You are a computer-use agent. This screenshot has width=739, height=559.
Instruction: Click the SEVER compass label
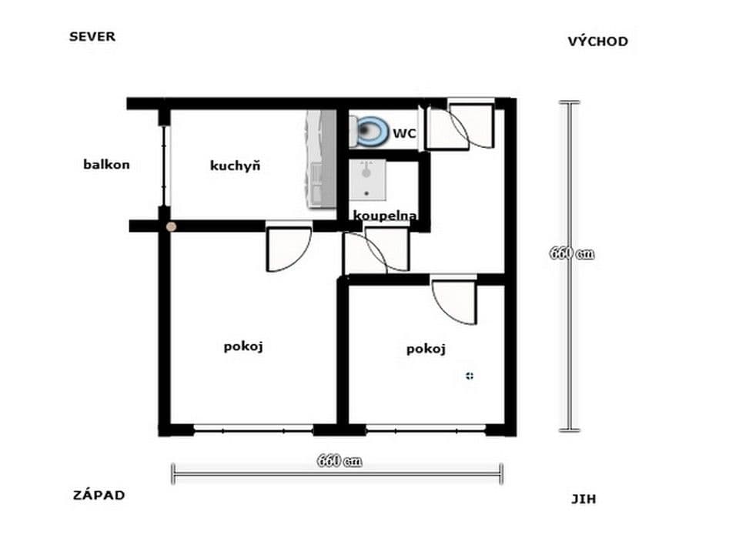click(92, 36)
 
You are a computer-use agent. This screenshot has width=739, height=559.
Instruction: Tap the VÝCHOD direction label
click(597, 42)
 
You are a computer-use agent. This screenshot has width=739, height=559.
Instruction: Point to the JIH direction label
click(584, 499)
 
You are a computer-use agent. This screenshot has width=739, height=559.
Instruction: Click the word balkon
click(106, 164)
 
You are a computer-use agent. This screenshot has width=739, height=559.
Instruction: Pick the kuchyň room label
click(236, 166)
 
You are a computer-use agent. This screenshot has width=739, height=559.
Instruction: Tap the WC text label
click(404, 133)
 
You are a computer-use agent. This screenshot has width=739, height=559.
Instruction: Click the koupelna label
click(385, 216)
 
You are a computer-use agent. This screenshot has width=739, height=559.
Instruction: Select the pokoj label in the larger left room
click(244, 346)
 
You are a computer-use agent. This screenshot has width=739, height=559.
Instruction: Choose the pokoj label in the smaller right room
click(426, 350)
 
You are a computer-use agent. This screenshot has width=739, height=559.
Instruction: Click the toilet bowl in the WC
click(371, 131)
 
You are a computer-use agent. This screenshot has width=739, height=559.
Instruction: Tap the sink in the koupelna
click(366, 179)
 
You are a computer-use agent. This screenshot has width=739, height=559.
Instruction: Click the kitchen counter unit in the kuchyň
click(320, 159)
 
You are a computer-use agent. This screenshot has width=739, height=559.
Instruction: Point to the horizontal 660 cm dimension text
click(339, 462)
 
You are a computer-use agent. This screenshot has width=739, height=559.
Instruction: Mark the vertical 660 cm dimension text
click(571, 254)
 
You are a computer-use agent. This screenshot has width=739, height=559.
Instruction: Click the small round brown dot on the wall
click(171, 226)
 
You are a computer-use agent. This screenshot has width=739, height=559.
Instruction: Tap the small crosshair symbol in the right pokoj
click(470, 376)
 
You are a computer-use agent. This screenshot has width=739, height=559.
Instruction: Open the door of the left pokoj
click(288, 249)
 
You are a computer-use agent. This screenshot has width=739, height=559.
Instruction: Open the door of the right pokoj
click(454, 300)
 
